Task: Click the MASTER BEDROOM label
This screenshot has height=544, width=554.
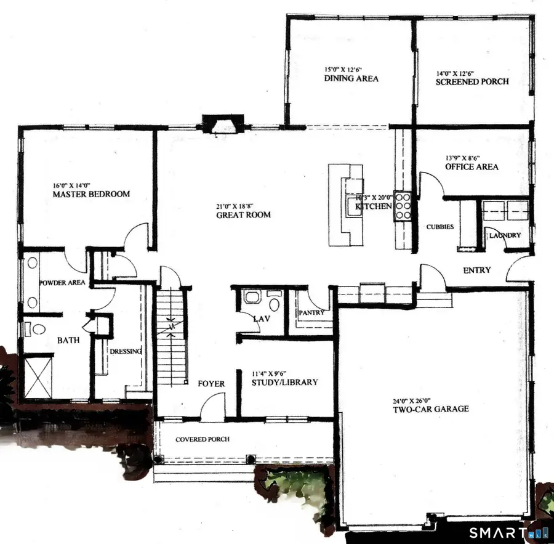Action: point(91,194)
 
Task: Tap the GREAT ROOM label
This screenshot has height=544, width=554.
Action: point(243,215)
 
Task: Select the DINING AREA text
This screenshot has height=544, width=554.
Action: point(351,79)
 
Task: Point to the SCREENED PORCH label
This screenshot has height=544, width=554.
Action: point(472,81)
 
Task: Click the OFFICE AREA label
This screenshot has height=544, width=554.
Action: point(472,167)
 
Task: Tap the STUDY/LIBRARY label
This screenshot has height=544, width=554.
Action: point(285,382)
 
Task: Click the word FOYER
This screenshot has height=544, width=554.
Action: point(211,384)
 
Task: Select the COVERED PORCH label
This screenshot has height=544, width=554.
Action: point(203,439)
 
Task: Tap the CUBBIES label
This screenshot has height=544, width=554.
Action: point(440,227)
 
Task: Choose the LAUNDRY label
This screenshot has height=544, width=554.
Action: point(505,235)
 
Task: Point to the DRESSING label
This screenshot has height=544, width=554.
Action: point(126,351)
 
